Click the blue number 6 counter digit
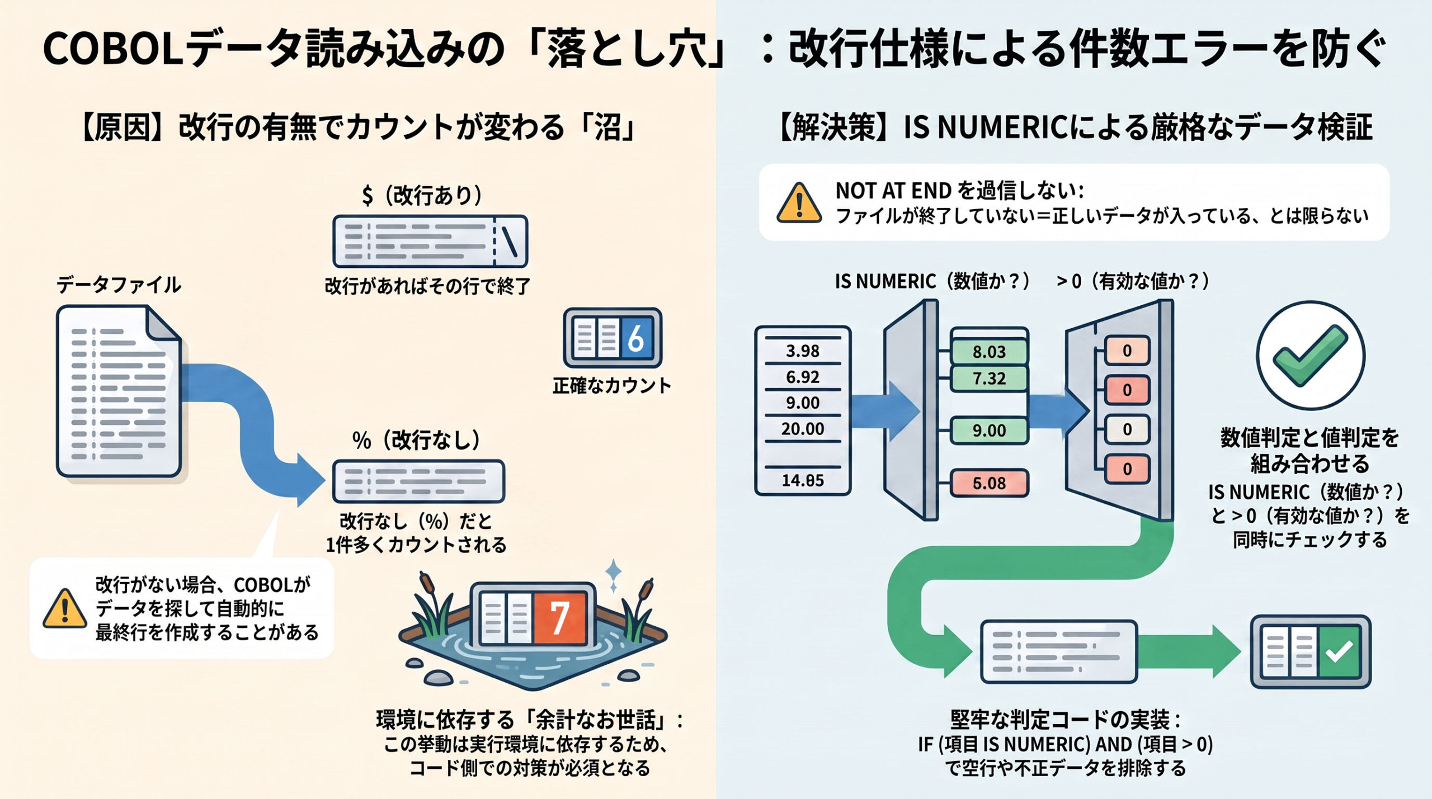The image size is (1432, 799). (x=636, y=338)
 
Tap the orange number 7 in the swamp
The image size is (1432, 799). (x=559, y=618)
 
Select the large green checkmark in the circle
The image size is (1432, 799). (x=1311, y=356)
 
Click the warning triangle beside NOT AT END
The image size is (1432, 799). (x=799, y=202)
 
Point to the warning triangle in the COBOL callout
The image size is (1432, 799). (x=65, y=608)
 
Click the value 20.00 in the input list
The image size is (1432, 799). (x=803, y=429)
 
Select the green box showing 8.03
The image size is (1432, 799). (x=989, y=352)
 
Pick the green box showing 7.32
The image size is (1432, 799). (x=989, y=379)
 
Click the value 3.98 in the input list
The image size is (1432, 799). (x=803, y=351)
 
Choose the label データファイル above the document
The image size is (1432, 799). (x=119, y=285)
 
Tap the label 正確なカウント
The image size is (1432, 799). (x=612, y=386)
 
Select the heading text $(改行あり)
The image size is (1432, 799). (x=422, y=195)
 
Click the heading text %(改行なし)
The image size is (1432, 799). (x=416, y=440)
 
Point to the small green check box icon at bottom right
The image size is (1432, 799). (x=1311, y=651)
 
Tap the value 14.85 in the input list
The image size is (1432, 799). (x=803, y=480)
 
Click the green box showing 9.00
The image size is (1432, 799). (x=989, y=431)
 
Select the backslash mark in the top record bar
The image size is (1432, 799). (x=510, y=241)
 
